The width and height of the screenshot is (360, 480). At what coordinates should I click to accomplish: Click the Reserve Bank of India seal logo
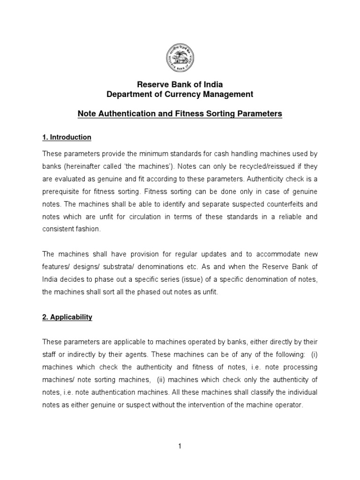(x=180, y=62)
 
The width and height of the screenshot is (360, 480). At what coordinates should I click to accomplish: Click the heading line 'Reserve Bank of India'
(x=180, y=84)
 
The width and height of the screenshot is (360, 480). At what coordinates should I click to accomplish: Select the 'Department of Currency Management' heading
(x=180, y=94)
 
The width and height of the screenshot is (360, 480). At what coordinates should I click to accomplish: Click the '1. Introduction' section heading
(x=67, y=137)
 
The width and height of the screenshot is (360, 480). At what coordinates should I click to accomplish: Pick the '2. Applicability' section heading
(x=67, y=317)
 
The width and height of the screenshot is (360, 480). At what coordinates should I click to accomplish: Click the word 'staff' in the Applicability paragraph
(x=50, y=353)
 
